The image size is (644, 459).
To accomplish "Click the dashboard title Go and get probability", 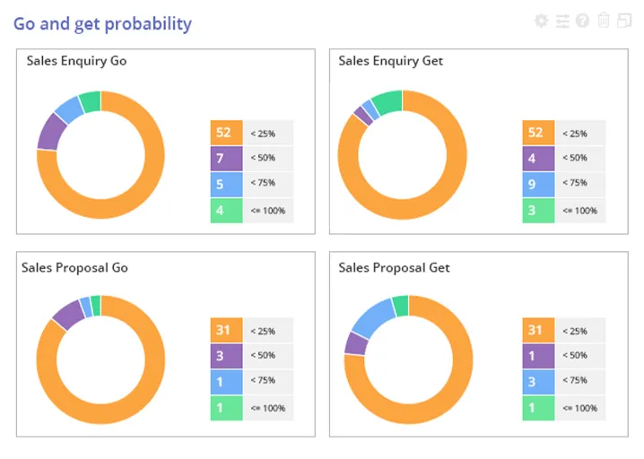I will point(102,23).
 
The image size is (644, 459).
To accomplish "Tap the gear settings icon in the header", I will point(541,21).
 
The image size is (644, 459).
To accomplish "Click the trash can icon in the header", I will point(604,21).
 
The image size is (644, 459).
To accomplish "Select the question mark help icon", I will point(583,21).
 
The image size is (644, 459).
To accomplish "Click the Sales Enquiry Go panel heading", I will point(76,61).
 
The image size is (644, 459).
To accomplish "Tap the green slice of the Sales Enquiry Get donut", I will point(388,102).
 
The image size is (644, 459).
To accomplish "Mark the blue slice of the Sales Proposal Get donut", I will point(372,316).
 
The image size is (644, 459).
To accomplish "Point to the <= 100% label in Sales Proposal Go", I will point(268,408).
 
